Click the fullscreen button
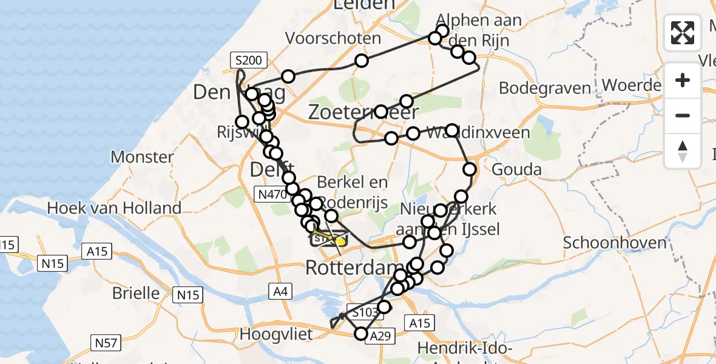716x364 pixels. [x=683, y=33]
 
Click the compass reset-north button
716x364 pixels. [x=683, y=150]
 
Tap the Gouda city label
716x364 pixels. [x=516, y=169]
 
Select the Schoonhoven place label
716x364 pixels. [x=615, y=243]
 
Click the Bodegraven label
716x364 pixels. [x=545, y=88]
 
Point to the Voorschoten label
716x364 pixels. [x=333, y=38]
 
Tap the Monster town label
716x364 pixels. [x=142, y=157]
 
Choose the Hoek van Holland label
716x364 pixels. [x=114, y=208]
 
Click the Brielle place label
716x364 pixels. [x=136, y=293]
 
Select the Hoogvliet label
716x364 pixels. [x=276, y=334]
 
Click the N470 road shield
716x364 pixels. [x=270, y=194]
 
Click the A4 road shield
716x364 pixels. [x=280, y=292]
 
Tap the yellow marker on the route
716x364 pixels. [x=340, y=241]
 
